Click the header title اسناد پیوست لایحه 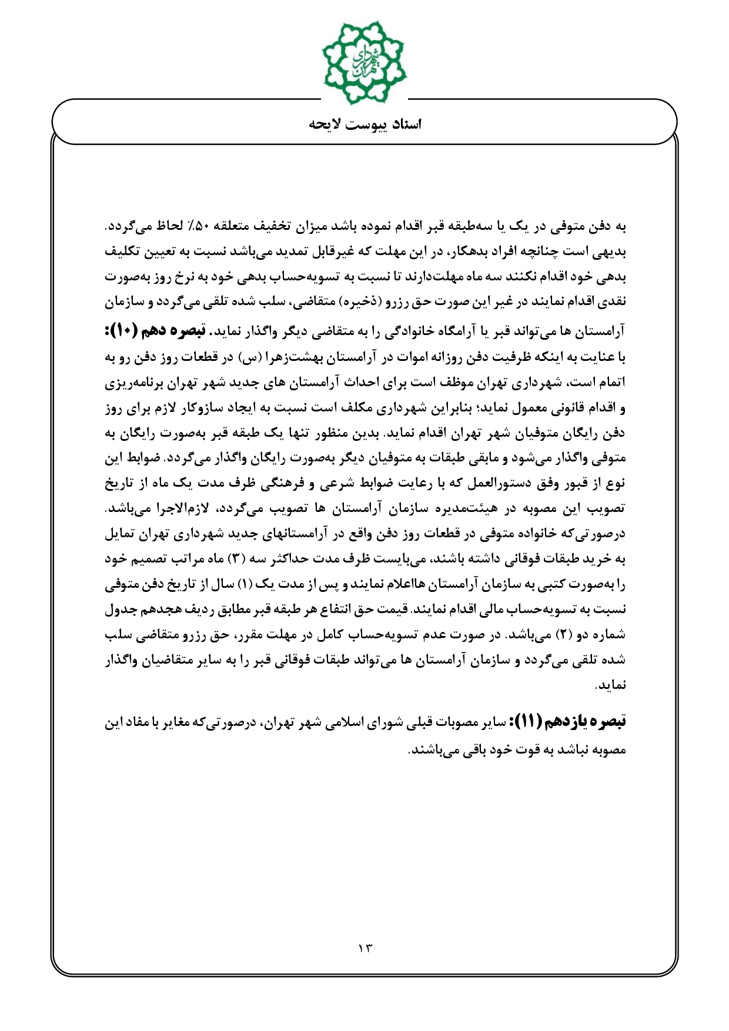tap(365, 124)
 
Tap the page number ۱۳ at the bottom tap(364, 948)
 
